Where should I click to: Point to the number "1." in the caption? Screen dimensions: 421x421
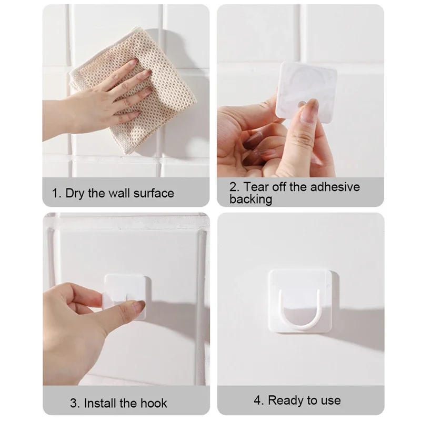(57, 193)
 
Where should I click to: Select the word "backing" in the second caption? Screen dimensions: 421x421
(250, 199)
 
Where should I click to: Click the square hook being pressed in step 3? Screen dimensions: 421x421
(126, 295)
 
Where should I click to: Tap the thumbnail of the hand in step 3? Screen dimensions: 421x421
(138, 307)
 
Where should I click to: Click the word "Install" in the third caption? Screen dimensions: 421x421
(104, 404)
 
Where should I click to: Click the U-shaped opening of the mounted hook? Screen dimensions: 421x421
(300, 308)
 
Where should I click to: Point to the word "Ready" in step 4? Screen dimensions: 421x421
(285, 400)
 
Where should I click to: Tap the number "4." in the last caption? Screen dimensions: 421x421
(259, 400)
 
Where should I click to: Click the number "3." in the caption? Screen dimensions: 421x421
(75, 404)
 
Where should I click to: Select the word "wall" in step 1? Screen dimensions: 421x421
(119, 193)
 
